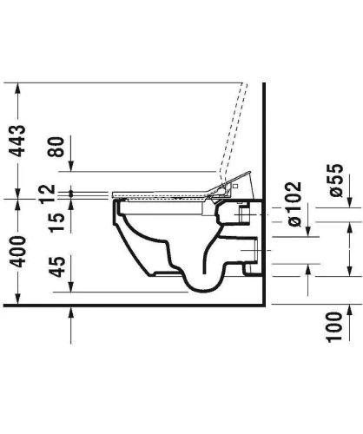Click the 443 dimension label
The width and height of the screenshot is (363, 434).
point(17,141)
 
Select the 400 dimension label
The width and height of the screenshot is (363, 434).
point(17,252)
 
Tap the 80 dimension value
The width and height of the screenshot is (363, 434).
point(56,147)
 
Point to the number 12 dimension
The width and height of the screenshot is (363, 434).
point(48,194)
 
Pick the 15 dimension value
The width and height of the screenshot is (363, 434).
point(56,223)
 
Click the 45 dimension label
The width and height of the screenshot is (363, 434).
point(56,266)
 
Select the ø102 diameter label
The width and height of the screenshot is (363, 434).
point(293,204)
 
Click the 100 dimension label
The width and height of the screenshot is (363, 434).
point(334,327)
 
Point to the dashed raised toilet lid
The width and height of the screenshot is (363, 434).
point(234,133)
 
